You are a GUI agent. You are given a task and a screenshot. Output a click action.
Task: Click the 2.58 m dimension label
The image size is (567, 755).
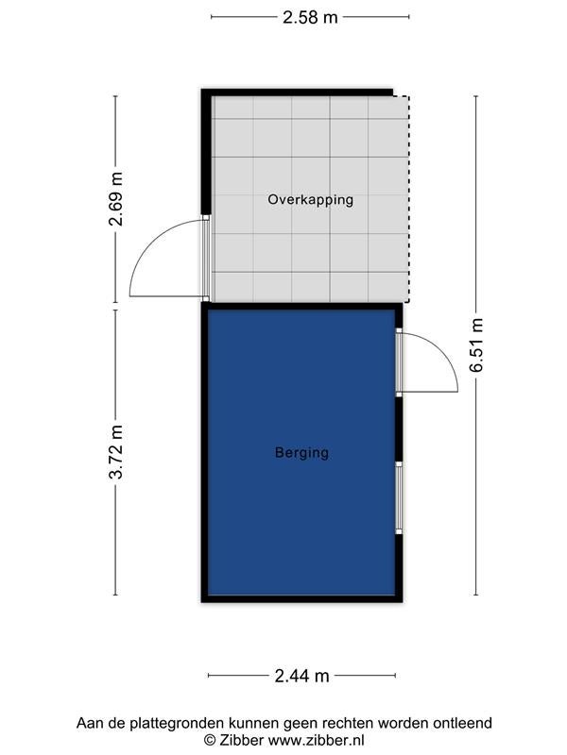(x=310, y=17)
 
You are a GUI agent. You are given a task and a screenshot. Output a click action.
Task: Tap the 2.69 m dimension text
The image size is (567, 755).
(x=115, y=199)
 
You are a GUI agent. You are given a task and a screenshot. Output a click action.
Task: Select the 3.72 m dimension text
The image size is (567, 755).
(x=115, y=452)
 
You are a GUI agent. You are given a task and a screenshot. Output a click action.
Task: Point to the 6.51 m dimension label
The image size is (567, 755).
(x=476, y=344)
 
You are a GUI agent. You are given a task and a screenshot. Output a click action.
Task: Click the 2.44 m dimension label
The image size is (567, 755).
(x=301, y=676)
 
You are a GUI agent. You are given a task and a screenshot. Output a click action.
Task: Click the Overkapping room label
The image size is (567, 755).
(x=311, y=199)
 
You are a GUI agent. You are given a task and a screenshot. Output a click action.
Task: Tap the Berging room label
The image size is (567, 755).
(x=301, y=453)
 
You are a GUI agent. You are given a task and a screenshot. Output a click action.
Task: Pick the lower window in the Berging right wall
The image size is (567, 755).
(x=399, y=497)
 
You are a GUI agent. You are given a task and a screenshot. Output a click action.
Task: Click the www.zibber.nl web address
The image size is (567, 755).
(x=316, y=740)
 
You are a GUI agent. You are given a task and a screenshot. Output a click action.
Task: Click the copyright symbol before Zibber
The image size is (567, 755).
(x=210, y=740)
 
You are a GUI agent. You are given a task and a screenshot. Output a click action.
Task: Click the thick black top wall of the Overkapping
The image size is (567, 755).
(x=297, y=92)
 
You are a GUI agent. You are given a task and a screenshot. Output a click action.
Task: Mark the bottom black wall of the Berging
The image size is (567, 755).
(x=301, y=599)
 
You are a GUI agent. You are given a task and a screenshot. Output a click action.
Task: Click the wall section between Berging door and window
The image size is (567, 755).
(x=399, y=429)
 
